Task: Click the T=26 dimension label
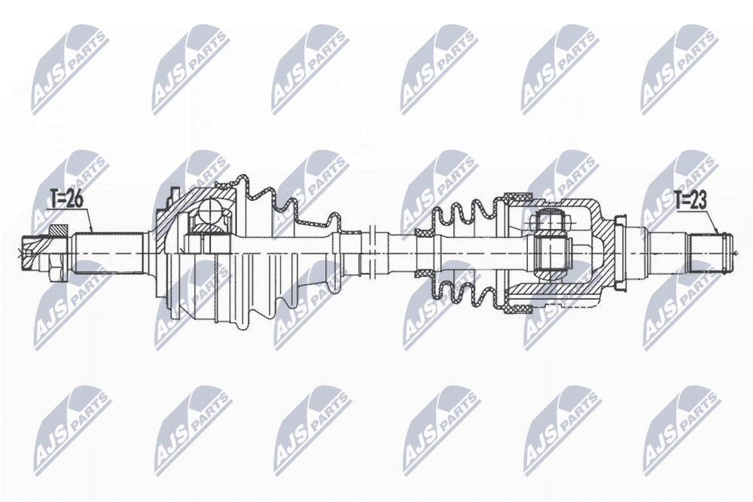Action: (x=67, y=198)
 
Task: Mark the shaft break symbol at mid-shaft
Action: (x=371, y=252)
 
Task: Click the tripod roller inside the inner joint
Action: (x=550, y=250)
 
